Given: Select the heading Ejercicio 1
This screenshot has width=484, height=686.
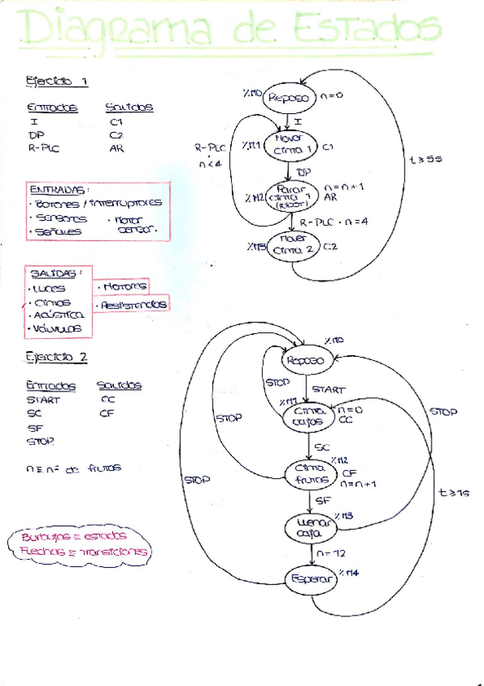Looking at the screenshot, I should coord(57,81).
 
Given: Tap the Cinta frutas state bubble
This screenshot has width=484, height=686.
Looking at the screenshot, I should coord(308,474).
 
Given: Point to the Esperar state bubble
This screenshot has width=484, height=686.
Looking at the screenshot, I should coord(311,579).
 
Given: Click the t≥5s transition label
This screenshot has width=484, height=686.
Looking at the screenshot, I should coord(426,160).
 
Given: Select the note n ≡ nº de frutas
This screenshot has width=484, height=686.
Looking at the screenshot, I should coord(74,468).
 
